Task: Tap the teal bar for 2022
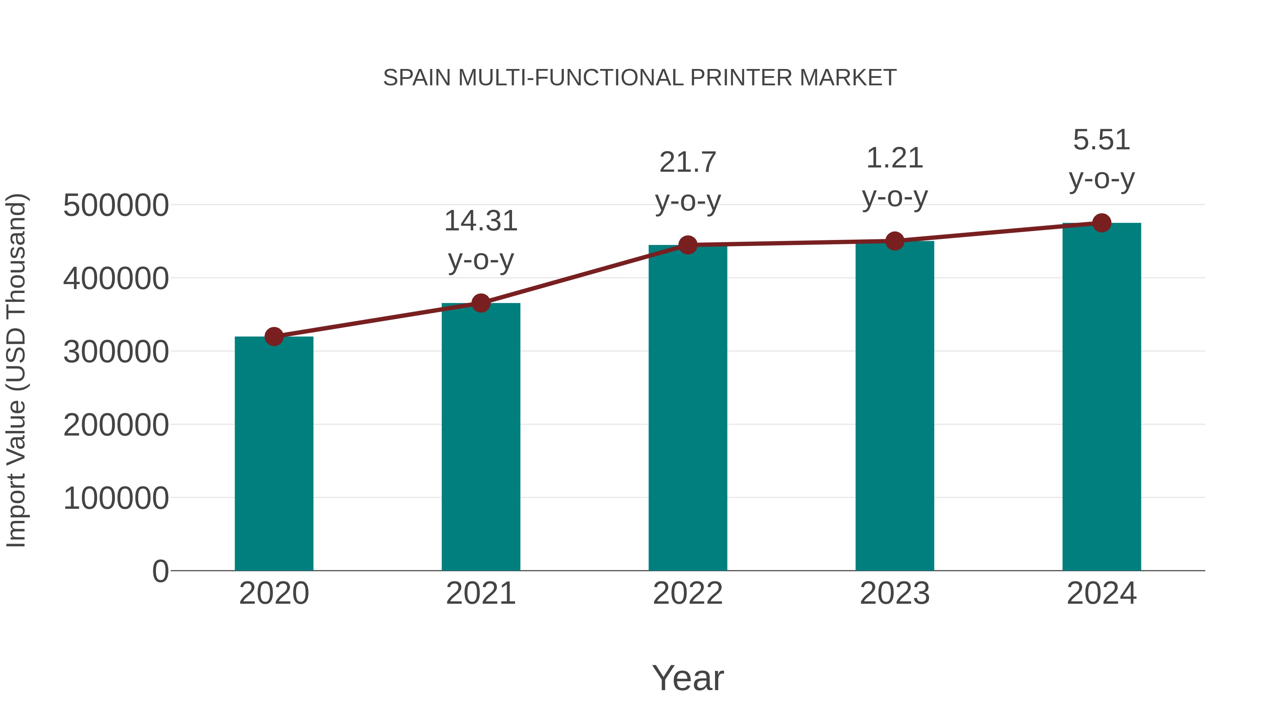pyautogui.click(x=688, y=407)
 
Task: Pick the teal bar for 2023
pyautogui.click(x=895, y=405)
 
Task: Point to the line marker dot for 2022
pyautogui.click(x=688, y=245)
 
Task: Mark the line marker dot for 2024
pyautogui.click(x=1102, y=223)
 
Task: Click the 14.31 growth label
pyautogui.click(x=480, y=221)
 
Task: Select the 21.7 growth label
pyautogui.click(x=688, y=162)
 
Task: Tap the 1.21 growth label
pyautogui.click(x=895, y=159)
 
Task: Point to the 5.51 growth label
pyautogui.click(x=1102, y=140)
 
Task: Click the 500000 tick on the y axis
pyautogui.click(x=116, y=205)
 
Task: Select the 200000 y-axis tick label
pyautogui.click(x=116, y=425)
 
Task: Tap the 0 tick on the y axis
pyautogui.click(x=160, y=571)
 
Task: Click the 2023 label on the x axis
pyautogui.click(x=895, y=593)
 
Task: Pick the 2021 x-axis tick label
pyautogui.click(x=480, y=593)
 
